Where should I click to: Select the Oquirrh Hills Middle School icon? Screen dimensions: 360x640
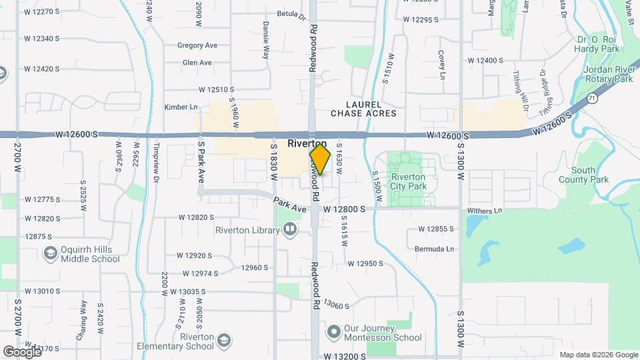point(50,253)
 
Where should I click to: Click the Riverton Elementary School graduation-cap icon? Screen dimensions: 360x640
point(225,341)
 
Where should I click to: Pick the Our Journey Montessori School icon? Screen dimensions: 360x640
point(333,331)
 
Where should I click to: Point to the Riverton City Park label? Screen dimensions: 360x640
point(408,181)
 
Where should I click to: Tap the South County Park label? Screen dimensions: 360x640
point(590,175)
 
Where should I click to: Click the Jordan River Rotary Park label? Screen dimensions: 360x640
point(607,74)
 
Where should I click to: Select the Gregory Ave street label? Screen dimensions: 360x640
point(197,45)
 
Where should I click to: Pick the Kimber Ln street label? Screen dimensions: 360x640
point(181,107)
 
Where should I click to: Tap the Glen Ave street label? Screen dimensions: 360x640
point(197,63)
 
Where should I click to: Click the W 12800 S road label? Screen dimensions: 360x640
point(345,209)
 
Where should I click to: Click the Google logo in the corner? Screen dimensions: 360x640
point(22,351)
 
